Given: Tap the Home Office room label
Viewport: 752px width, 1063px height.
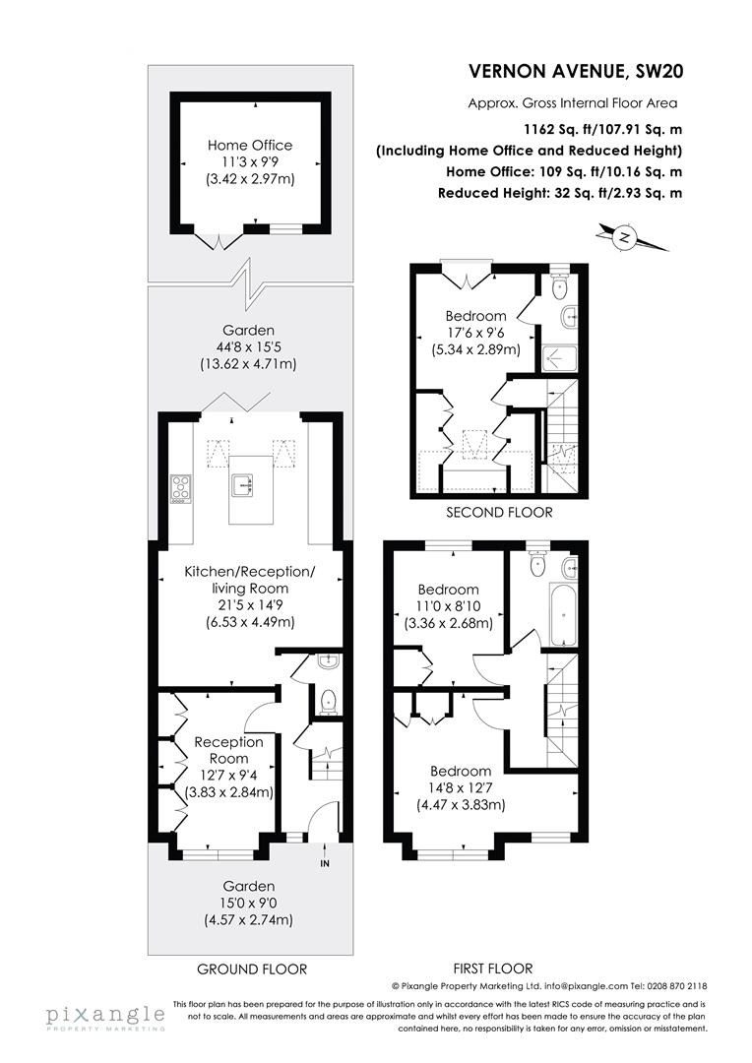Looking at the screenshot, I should click(x=249, y=145).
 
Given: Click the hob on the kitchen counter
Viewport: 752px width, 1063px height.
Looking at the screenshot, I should click(x=181, y=487).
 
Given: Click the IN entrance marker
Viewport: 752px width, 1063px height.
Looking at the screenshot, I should click(x=325, y=863).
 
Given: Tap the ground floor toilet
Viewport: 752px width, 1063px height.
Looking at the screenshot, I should click(x=329, y=701).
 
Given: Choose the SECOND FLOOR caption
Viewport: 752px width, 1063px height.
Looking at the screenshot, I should click(x=499, y=512).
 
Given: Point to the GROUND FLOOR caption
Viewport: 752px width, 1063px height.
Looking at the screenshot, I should click(x=252, y=969).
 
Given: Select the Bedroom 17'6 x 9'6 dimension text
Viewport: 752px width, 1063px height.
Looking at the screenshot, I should click(x=475, y=333).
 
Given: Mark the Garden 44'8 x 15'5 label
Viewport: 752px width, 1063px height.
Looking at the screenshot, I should click(x=248, y=347).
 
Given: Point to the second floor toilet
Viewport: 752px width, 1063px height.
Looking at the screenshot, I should click(x=560, y=287).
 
